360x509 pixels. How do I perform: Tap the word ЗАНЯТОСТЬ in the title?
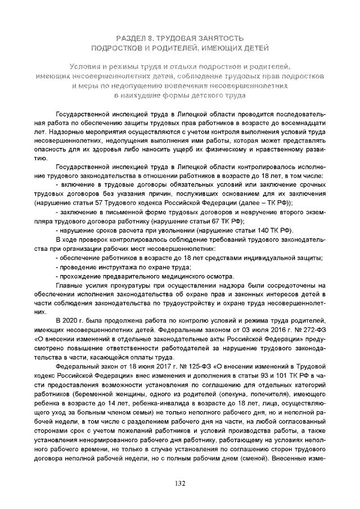point(220,38)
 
